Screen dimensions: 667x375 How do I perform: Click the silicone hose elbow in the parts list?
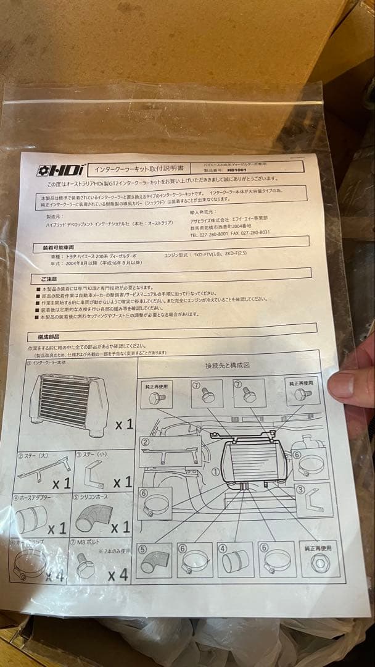(93, 517)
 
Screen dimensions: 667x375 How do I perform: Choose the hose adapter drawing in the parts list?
(31, 519)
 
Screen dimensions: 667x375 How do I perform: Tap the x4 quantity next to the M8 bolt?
(117, 575)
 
